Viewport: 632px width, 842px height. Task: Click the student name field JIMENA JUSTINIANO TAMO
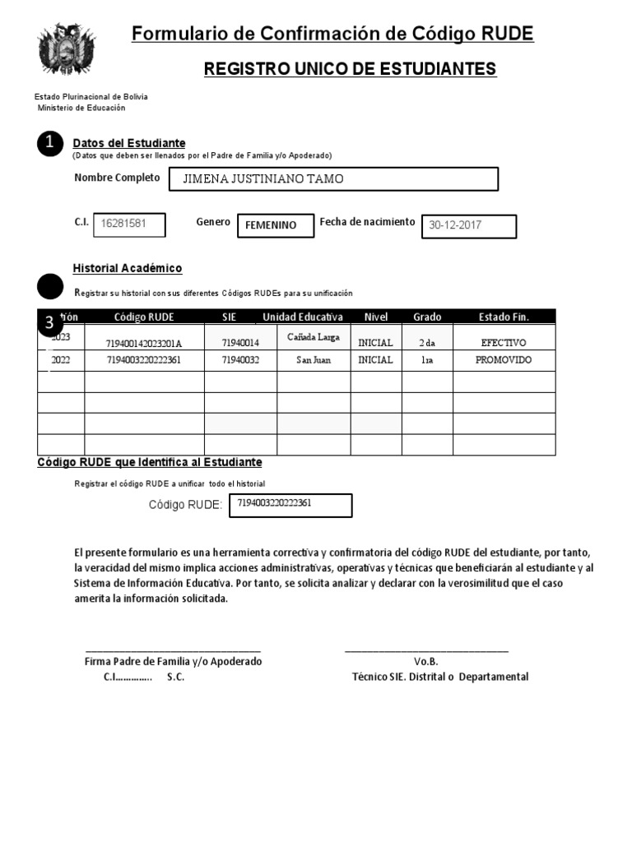[x=333, y=179]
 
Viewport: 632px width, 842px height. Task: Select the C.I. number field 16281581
[x=128, y=224]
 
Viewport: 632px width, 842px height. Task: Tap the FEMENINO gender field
[x=275, y=225]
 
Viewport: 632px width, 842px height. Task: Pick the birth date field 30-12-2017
[x=469, y=226]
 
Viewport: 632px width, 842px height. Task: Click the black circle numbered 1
[x=50, y=143]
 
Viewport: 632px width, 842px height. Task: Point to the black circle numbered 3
[x=49, y=322]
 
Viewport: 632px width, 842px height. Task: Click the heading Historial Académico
[x=128, y=269]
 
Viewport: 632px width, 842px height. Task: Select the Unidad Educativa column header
[x=303, y=317]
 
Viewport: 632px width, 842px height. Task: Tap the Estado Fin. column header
[x=504, y=317]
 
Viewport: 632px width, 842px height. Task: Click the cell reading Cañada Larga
[x=313, y=337]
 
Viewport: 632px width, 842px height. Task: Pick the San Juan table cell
[x=314, y=360]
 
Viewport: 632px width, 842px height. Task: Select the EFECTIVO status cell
[x=504, y=342]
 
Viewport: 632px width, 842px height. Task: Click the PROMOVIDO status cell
[x=504, y=360]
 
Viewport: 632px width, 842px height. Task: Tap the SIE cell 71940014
[x=240, y=343]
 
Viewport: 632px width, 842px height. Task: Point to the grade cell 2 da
[x=427, y=342]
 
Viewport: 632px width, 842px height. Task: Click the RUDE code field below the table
[x=290, y=505]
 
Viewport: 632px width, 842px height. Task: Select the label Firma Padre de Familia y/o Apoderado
[x=173, y=661]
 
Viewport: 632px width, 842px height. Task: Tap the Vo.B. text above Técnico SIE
[x=426, y=661]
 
